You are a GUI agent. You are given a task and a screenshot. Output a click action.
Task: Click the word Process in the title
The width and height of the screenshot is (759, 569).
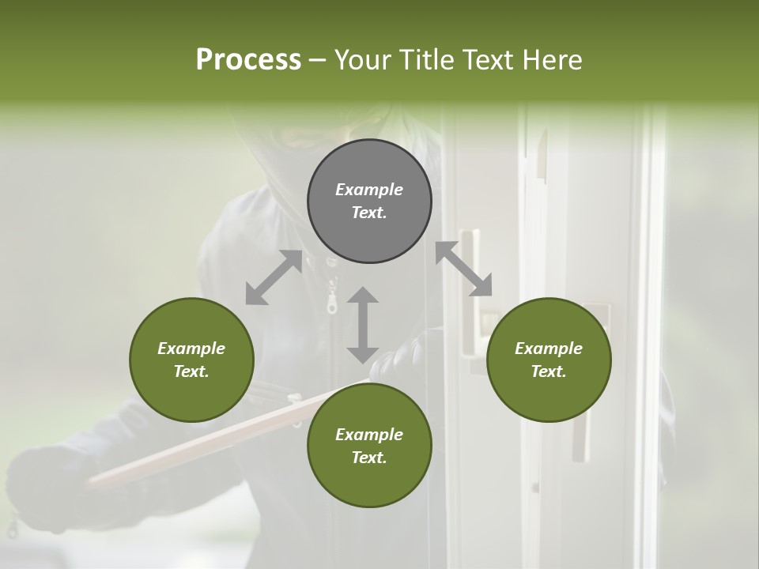click(248, 60)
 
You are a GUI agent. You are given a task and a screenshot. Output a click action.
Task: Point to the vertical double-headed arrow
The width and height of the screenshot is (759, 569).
click(363, 325)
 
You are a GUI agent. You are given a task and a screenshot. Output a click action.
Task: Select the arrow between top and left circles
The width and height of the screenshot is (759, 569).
click(274, 277)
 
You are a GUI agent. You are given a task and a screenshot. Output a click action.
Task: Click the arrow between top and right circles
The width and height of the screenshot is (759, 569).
click(464, 269)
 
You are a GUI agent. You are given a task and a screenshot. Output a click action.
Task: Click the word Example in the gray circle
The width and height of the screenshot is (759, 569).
click(369, 190)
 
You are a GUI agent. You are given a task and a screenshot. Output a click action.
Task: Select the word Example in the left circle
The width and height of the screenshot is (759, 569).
click(191, 349)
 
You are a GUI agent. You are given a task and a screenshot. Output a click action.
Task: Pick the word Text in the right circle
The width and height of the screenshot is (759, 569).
click(549, 371)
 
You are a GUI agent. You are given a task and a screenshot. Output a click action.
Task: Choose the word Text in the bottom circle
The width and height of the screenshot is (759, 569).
click(369, 458)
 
